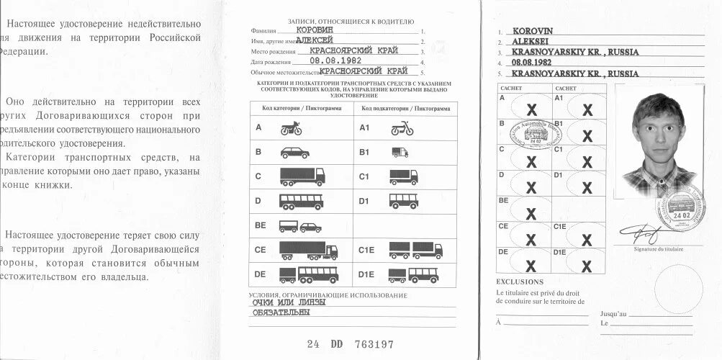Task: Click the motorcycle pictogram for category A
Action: point(292,129)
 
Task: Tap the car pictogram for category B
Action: point(294,153)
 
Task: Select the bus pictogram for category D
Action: point(301,201)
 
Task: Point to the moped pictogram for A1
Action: point(402,129)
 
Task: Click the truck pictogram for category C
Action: point(302,176)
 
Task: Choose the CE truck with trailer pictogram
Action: point(308,250)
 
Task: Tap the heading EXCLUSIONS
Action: point(520,282)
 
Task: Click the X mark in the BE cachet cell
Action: point(531,214)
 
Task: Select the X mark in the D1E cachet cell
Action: point(587,266)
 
